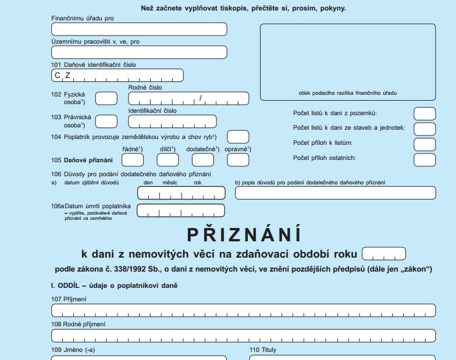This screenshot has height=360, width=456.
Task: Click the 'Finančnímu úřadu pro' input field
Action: click(x=139, y=29)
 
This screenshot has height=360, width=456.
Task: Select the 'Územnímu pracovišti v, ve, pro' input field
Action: click(x=139, y=52)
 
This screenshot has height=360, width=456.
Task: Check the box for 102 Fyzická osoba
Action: click(x=106, y=98)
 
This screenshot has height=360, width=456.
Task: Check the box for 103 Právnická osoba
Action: click(x=106, y=121)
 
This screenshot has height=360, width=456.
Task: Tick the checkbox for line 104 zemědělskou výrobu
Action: click(x=238, y=137)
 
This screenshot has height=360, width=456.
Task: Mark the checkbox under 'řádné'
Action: click(x=133, y=160)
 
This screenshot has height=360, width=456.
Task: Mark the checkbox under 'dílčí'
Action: click(x=168, y=160)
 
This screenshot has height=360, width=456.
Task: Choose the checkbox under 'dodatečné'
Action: click(x=202, y=160)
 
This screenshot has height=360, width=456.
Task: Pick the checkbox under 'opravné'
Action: click(x=237, y=160)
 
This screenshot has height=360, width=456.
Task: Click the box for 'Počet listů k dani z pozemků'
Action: click(x=424, y=113)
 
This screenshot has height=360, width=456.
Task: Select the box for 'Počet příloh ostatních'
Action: click(x=424, y=159)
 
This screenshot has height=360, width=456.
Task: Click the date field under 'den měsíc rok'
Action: click(x=181, y=193)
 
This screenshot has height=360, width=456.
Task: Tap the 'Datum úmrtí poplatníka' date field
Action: click(x=181, y=211)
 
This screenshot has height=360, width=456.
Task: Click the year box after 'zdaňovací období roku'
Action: click(x=383, y=254)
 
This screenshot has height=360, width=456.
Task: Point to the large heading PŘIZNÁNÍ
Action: click(x=244, y=234)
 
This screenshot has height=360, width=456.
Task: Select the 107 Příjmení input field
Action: click(x=243, y=310)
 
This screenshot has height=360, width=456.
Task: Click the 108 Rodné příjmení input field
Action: click(x=243, y=336)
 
